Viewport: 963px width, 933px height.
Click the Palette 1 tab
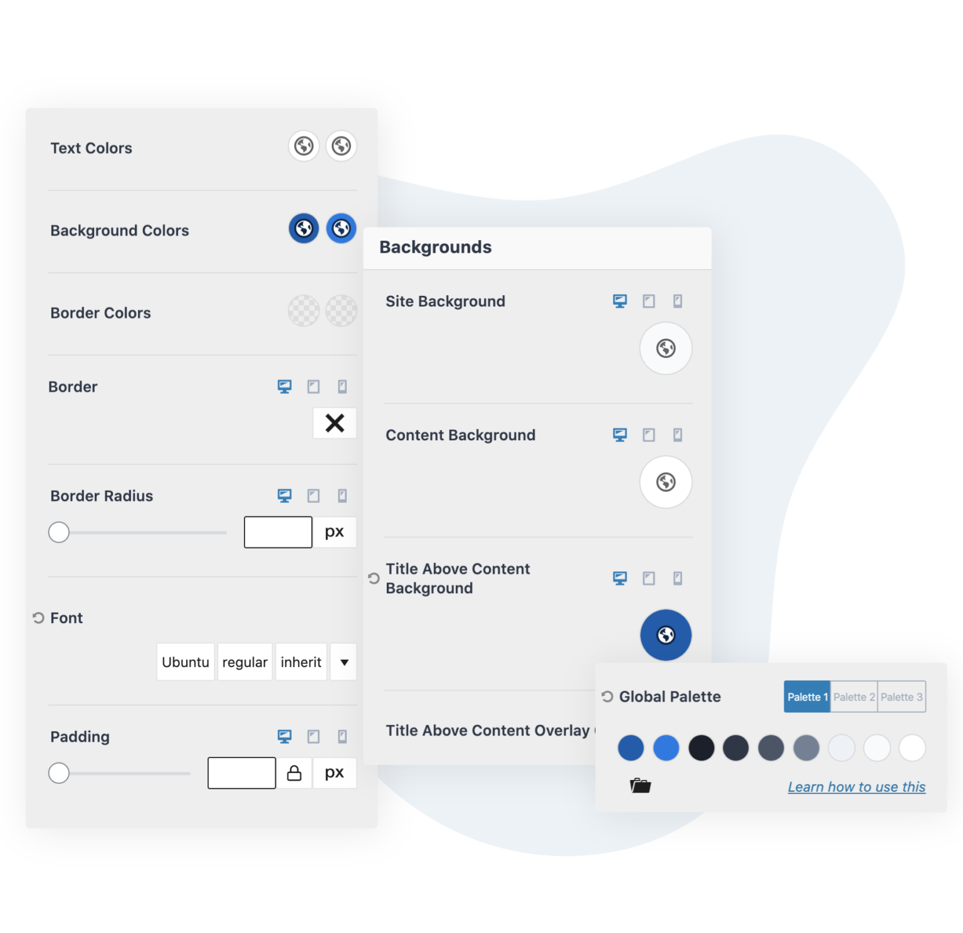(x=807, y=697)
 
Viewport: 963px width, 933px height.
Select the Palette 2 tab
(x=853, y=697)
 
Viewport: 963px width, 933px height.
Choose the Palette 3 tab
(x=902, y=697)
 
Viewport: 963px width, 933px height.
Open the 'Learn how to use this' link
(x=856, y=787)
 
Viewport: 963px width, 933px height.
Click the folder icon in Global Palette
(x=640, y=786)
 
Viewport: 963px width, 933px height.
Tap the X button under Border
(x=335, y=423)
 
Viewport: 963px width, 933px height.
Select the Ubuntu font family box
(x=186, y=662)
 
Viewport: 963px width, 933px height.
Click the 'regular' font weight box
(x=245, y=662)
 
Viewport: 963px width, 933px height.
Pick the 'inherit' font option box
(x=301, y=662)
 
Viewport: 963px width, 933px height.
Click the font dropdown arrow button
(x=344, y=662)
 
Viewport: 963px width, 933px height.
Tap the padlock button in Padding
(x=294, y=773)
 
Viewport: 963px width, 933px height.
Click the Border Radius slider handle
(x=59, y=532)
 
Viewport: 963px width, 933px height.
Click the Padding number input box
(x=241, y=773)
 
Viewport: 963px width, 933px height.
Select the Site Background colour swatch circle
(x=666, y=349)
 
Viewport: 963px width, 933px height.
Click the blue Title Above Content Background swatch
(x=666, y=635)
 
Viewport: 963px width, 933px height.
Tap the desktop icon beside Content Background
(x=619, y=435)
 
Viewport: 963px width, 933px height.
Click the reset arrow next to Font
(x=38, y=618)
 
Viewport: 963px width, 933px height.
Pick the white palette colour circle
(x=912, y=748)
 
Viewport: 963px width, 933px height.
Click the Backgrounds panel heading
(x=436, y=248)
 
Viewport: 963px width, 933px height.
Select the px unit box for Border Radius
(x=335, y=532)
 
